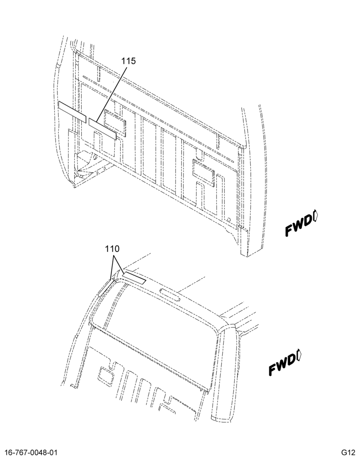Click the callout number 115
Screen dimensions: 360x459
coord(129,61)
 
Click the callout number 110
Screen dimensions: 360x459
coord(112,249)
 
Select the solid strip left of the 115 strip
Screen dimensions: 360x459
coord(73,112)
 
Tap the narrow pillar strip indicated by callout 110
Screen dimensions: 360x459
coord(105,288)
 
